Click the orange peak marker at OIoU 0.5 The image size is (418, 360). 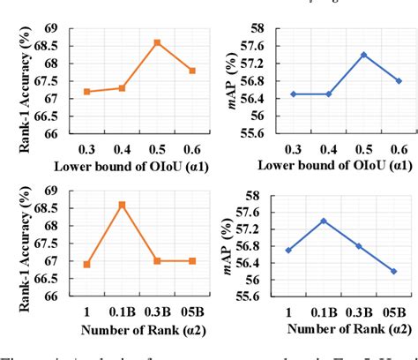click(157, 42)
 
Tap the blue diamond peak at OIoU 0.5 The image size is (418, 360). click(362, 55)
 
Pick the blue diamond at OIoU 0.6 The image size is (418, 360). click(399, 80)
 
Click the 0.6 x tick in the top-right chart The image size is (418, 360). click(399, 146)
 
